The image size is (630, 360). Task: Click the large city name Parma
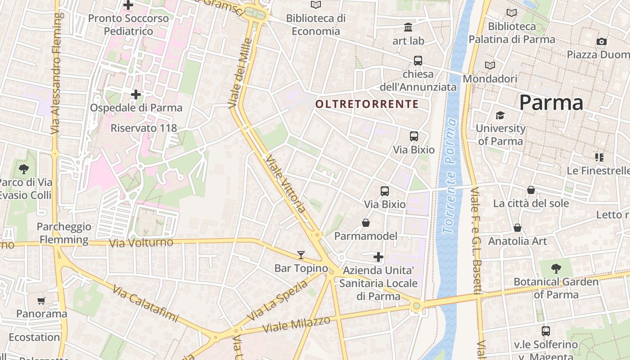coord(551,103)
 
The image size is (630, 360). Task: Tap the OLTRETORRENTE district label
coord(367,104)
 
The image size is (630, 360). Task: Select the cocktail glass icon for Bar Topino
coord(301,255)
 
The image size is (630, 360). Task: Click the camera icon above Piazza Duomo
coord(602,41)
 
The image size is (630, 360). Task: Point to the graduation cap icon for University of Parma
coord(500,116)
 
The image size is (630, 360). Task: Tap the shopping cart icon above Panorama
coord(41,301)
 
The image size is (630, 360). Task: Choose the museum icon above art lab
coord(408,27)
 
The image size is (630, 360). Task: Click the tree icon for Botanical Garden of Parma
coord(556,269)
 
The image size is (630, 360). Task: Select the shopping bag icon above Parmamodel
coord(366,223)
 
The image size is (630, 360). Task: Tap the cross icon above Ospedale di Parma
coord(136,94)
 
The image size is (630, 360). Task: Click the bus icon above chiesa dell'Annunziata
coord(418,61)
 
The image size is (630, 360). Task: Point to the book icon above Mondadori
coord(490,65)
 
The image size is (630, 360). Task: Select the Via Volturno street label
coord(141,243)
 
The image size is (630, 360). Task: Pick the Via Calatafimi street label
coord(145,303)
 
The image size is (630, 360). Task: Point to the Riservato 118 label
coord(144,128)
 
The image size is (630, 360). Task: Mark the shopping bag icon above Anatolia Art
coord(517,228)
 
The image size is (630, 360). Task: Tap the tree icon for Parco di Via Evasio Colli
coord(24,169)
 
